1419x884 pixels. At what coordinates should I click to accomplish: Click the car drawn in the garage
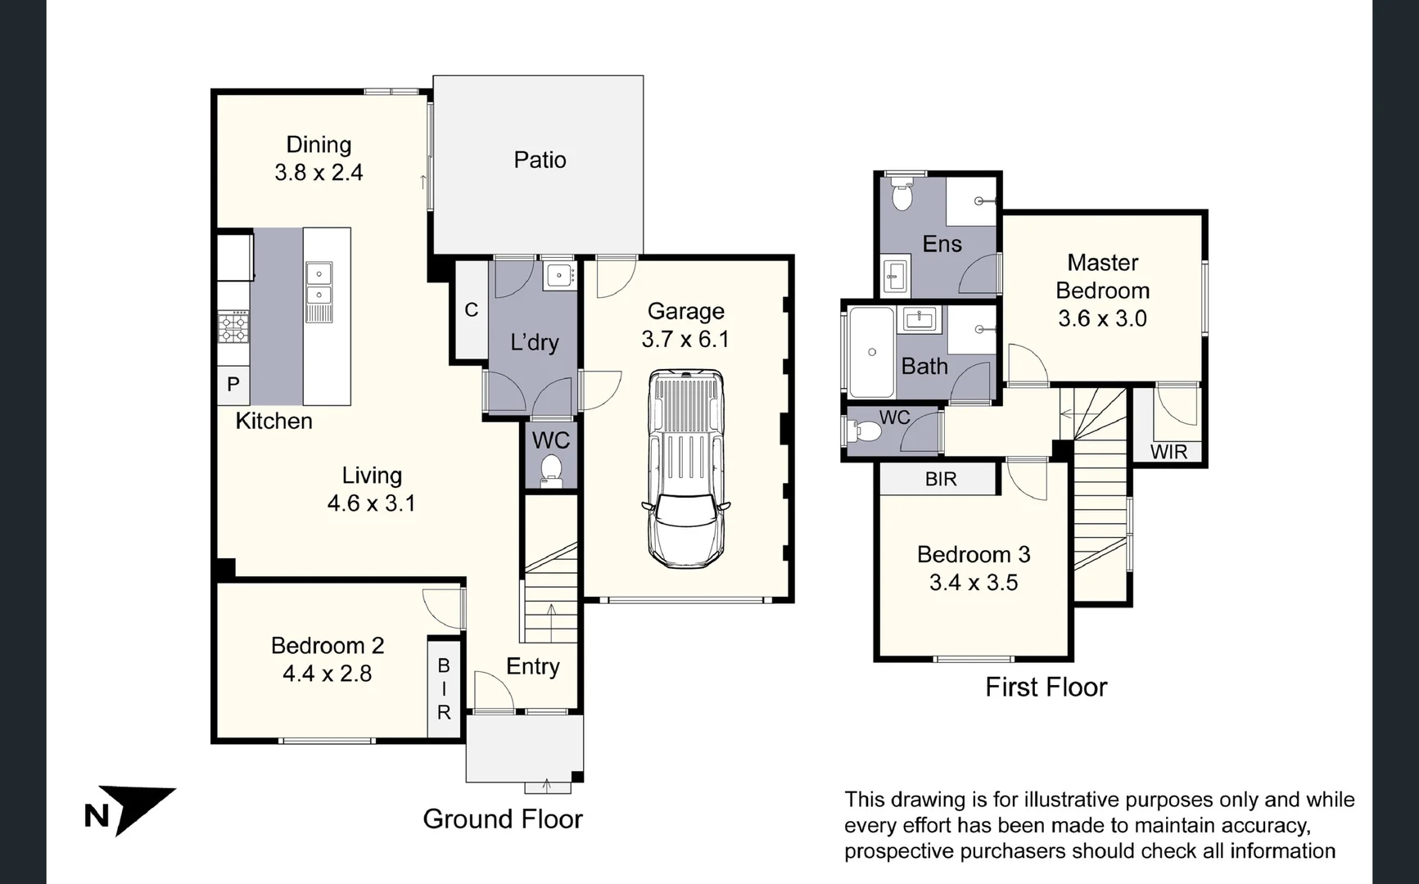[x=686, y=469]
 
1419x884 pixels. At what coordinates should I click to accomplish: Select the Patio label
[x=540, y=160]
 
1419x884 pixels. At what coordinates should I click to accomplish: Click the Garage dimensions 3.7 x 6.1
[x=685, y=339]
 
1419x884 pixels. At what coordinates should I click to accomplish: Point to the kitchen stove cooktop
[x=233, y=327]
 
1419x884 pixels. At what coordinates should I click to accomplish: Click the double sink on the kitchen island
[x=319, y=283]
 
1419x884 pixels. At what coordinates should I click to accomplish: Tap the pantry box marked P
[x=233, y=385]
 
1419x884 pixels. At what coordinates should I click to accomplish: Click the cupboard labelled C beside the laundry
[x=471, y=310]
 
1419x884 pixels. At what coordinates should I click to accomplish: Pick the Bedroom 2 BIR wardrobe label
[x=444, y=689]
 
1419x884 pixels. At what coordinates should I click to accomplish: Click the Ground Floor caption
[x=503, y=819]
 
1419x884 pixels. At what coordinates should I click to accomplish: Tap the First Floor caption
[x=1046, y=687]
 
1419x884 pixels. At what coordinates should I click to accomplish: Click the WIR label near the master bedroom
[x=1168, y=452]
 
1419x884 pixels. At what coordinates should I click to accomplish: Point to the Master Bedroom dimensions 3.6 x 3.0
[x=1102, y=318]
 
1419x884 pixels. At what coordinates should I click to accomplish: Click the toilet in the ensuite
[x=902, y=196]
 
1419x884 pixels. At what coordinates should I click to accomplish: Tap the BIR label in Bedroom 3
[x=941, y=479]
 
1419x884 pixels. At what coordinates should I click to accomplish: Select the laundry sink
[x=560, y=274]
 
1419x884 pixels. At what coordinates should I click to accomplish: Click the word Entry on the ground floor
[x=533, y=666]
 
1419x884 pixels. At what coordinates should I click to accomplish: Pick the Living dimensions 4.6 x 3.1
[x=372, y=503]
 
